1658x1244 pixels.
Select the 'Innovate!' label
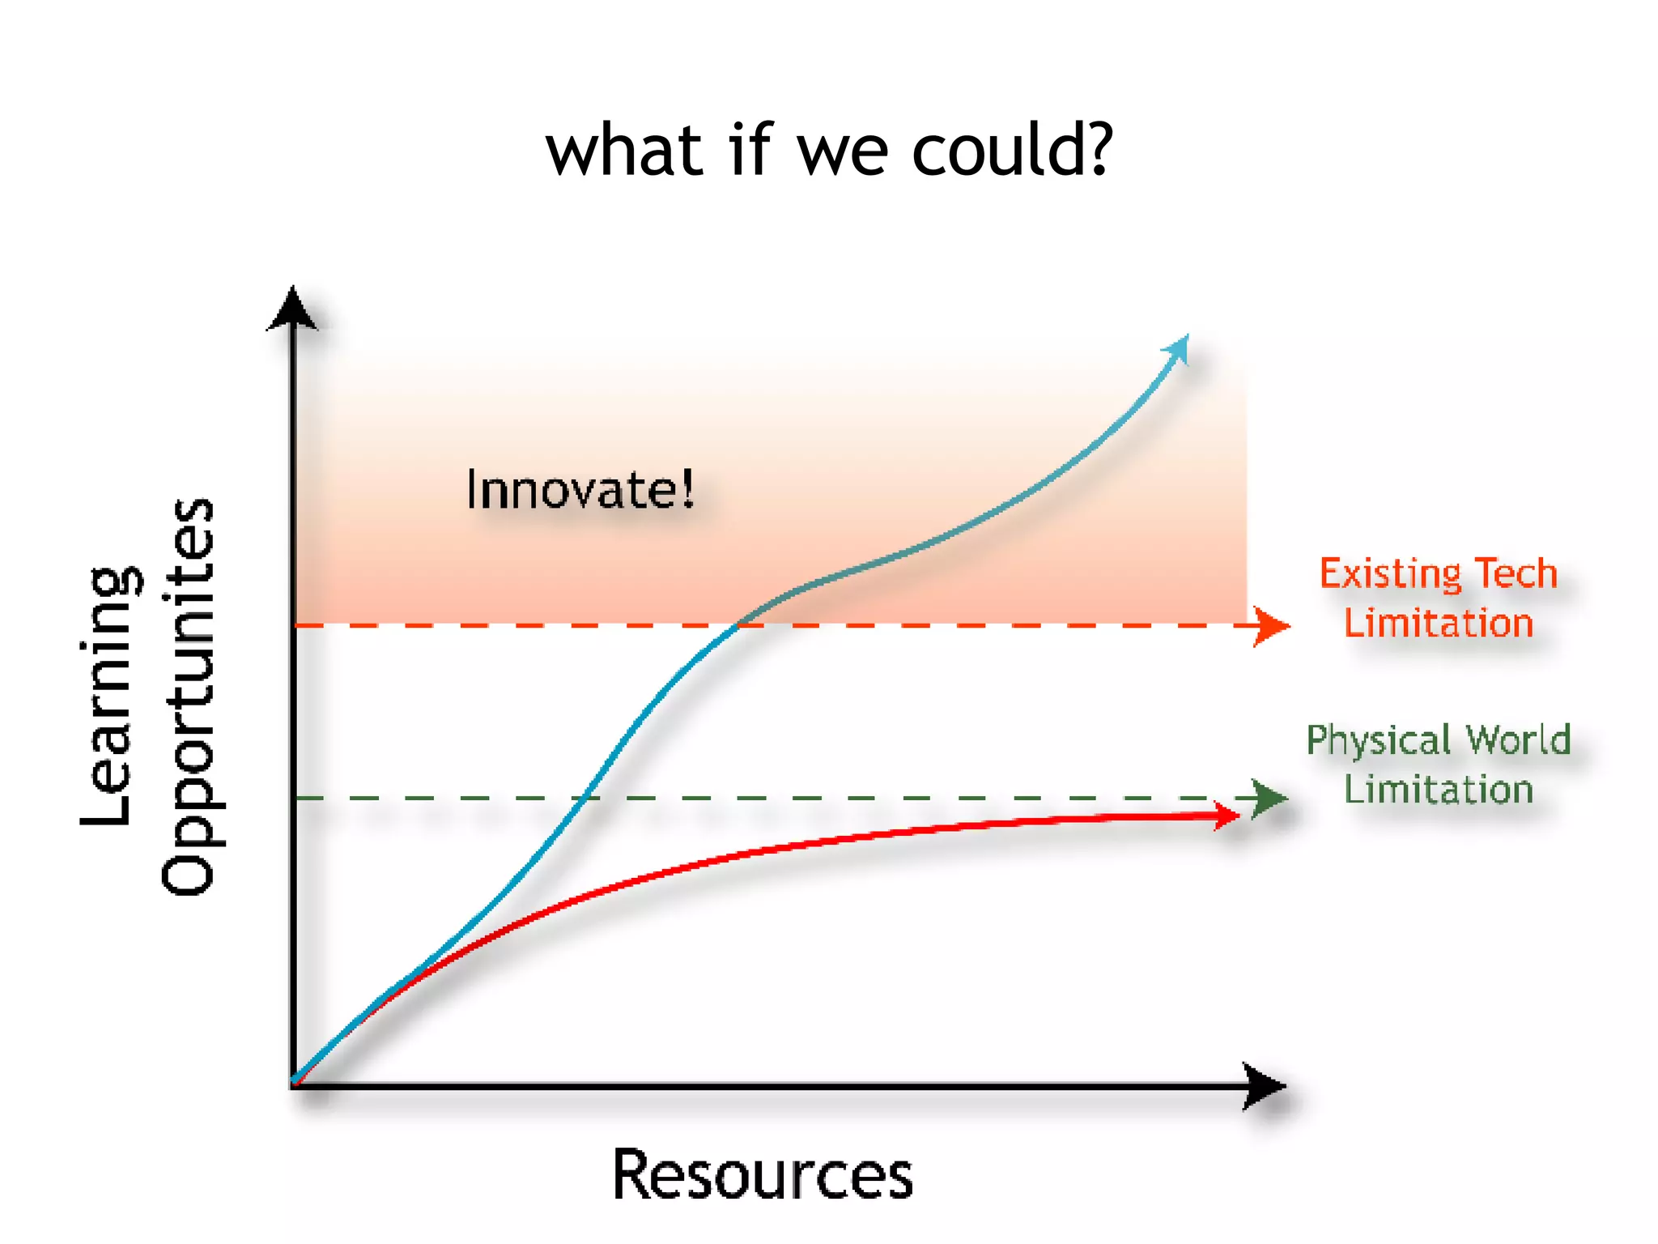click(580, 489)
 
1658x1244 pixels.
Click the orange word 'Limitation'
click(1439, 624)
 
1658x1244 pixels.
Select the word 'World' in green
click(1519, 739)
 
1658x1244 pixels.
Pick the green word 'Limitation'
click(1439, 790)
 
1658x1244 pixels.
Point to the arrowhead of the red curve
click(1225, 816)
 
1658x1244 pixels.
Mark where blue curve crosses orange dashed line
click(737, 625)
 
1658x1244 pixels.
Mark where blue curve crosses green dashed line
click(585, 799)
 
